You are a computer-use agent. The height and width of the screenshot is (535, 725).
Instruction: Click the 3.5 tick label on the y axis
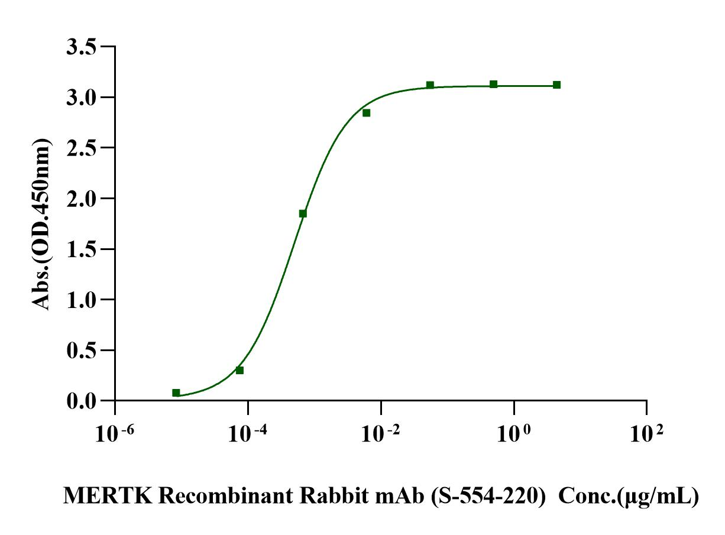coord(80,47)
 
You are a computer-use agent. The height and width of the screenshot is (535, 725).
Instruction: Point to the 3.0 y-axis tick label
coord(80,97)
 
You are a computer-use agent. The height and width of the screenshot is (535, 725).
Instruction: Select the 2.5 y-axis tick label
coord(80,148)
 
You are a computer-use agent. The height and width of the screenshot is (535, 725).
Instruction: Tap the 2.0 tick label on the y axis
coord(80,199)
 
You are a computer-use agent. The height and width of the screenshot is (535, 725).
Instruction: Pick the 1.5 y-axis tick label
coord(80,249)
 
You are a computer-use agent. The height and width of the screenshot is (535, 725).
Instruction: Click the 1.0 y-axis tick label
coord(80,300)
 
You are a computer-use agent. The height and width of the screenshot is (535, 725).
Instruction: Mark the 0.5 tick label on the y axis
coord(80,351)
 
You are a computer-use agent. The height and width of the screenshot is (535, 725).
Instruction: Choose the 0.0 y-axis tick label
coord(80,401)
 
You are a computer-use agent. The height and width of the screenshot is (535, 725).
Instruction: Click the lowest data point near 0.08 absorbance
coord(176,393)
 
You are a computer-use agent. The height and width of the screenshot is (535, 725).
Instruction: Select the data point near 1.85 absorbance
coord(303,213)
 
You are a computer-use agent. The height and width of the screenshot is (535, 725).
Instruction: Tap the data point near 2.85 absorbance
coord(367,113)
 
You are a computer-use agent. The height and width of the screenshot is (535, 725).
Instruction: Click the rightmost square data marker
coord(556,85)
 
